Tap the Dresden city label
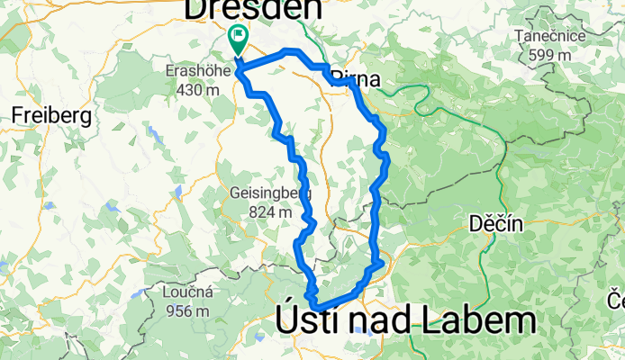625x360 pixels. (253, 9)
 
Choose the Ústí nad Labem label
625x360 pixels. (400, 321)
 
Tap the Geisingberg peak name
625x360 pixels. (271, 193)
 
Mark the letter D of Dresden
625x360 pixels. (196, 9)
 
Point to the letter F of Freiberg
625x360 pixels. (17, 115)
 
